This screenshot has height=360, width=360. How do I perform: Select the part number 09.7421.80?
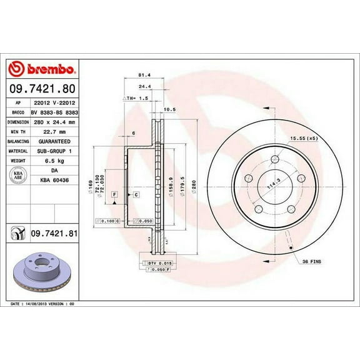pyautogui.click(x=43, y=89)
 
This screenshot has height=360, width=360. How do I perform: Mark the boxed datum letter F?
pyautogui.click(x=115, y=195)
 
